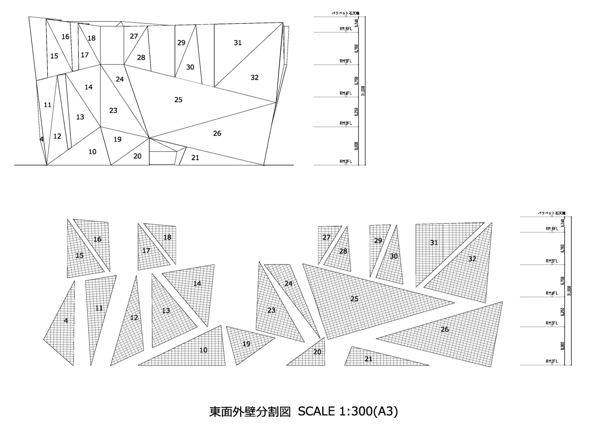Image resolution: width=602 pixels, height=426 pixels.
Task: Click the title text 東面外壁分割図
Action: pos(250,411)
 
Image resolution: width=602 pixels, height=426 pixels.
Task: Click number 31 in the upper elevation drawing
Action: pos(238,43)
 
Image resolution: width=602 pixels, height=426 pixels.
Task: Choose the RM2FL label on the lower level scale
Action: pos(551,362)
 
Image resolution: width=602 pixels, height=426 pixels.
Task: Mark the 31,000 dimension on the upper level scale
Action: pos(363,91)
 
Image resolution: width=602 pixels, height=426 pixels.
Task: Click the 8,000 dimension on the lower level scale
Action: pos(563,346)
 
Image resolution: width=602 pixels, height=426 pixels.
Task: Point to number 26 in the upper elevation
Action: pos(217,134)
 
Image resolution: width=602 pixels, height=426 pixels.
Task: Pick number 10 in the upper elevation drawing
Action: pos(92,152)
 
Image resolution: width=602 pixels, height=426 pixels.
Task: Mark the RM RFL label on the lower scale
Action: pos(551,229)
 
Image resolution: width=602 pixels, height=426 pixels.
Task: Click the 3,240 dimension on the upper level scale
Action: pos(357,23)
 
